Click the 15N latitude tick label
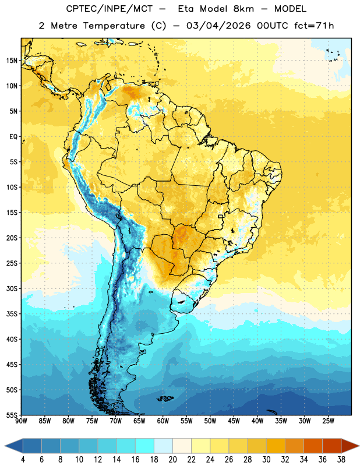coord(12,61)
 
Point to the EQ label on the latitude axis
coord(13,137)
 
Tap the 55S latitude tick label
coord(12,415)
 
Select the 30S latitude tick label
coord(12,288)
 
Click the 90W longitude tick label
coord(22,421)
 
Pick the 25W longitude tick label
coord(328,421)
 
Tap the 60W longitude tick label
coord(163,421)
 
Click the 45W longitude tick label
coord(234,421)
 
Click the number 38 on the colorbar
coord(341,460)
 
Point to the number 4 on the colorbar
coord(23,460)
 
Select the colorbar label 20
coord(172,460)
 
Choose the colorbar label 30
coord(266,460)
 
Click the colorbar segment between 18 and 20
coord(164,446)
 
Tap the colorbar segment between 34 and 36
coord(313,446)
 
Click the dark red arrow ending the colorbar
coord(350,446)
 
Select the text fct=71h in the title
coord(314,26)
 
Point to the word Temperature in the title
coord(114,26)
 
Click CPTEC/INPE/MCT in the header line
coord(110,9)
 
